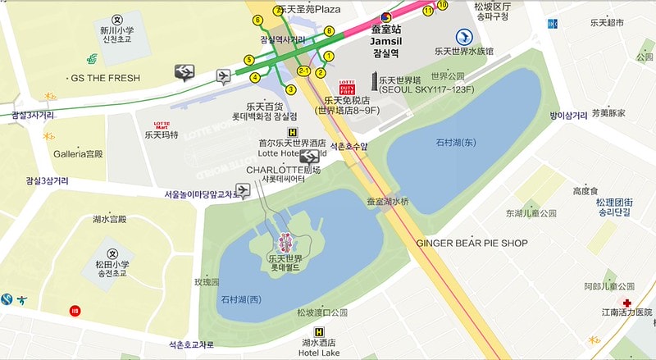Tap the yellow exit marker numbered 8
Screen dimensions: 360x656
pos(329,32)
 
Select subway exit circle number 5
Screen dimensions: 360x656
pos(249,60)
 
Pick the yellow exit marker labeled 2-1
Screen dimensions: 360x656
pos(303,71)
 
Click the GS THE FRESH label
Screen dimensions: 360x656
pos(105,78)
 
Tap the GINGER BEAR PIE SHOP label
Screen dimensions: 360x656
pos(471,243)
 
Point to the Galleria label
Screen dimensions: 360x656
pos(78,154)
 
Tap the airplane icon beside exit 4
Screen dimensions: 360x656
pos(224,76)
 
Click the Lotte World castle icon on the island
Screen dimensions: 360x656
pos(286,241)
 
